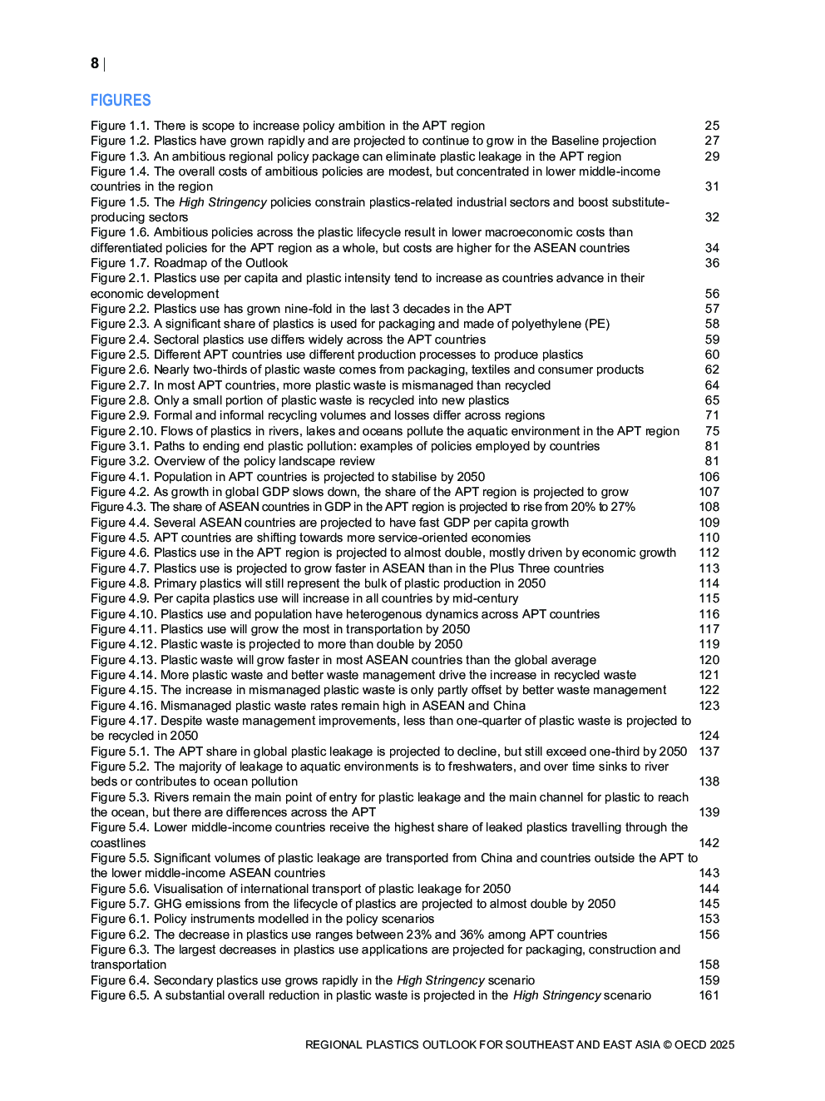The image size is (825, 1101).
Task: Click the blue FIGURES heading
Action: (121, 101)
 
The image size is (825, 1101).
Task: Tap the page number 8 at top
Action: (95, 63)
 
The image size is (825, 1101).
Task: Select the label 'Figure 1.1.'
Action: (121, 126)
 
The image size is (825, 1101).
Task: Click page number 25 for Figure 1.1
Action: (712, 126)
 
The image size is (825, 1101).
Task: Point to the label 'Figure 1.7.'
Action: (121, 263)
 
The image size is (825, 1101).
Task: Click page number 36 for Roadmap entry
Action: (712, 263)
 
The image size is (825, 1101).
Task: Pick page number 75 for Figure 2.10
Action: (712, 431)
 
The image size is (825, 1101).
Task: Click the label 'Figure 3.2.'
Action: (121, 461)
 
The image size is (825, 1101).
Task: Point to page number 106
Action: (709, 477)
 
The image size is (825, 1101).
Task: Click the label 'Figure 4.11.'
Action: (124, 629)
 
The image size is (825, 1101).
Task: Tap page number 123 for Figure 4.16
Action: (709, 706)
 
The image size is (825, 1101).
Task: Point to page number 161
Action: (709, 995)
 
